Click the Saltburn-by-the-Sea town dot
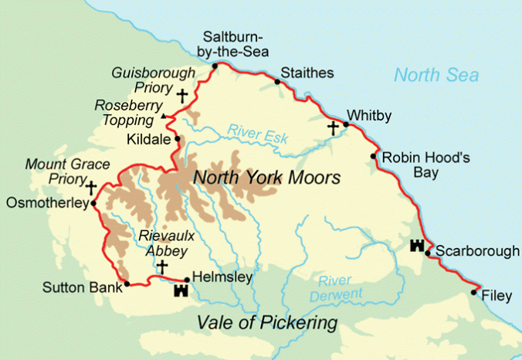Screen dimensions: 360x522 215,66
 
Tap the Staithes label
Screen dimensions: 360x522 308,73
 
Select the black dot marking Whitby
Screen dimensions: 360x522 347,124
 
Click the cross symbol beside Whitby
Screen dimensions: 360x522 333,127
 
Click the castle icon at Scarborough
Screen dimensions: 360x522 418,246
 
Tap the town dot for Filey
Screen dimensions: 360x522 473,292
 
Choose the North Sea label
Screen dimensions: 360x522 436,75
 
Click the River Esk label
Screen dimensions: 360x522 258,134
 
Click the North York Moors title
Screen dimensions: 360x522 266,178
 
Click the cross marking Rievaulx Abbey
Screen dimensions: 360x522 161,267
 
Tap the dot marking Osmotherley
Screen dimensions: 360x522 93,204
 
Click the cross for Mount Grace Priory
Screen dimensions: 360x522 92,187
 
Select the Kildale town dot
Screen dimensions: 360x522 178,139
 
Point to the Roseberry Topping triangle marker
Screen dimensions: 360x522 162,117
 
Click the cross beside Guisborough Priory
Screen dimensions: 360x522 182,96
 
